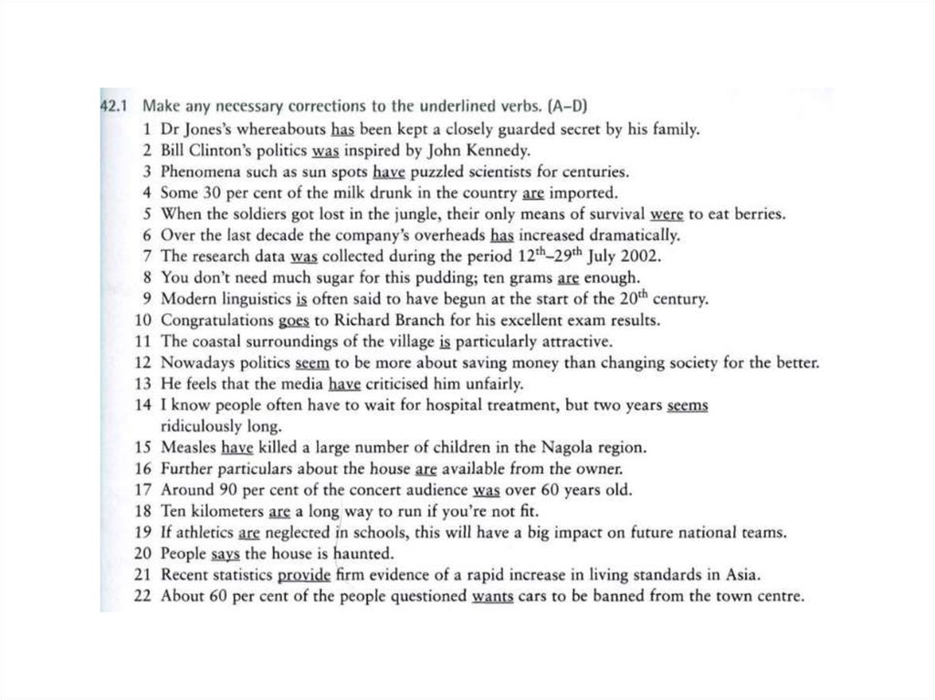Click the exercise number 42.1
coord(116,107)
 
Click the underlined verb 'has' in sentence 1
coord(342,130)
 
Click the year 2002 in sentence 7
coord(639,257)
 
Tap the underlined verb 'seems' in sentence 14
coord(688,405)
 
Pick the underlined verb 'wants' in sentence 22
coord(492,598)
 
